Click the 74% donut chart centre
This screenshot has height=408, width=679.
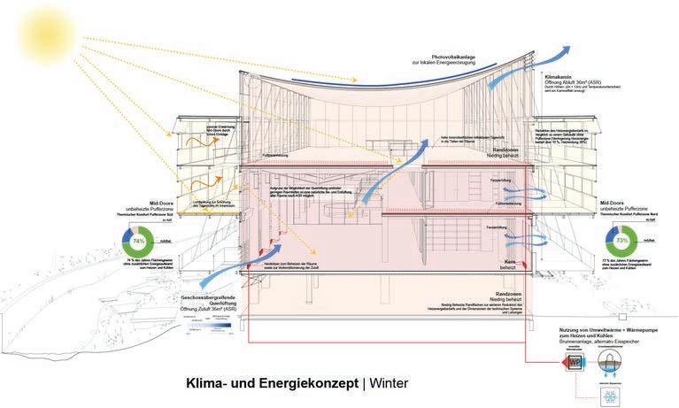[139, 241]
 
